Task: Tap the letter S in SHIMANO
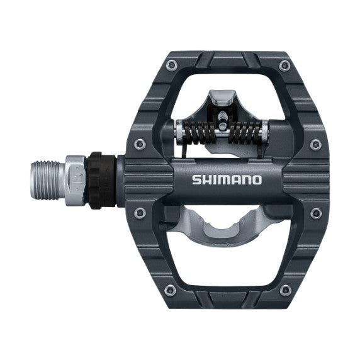point(196,181)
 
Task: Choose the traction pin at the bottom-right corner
point(288,291)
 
